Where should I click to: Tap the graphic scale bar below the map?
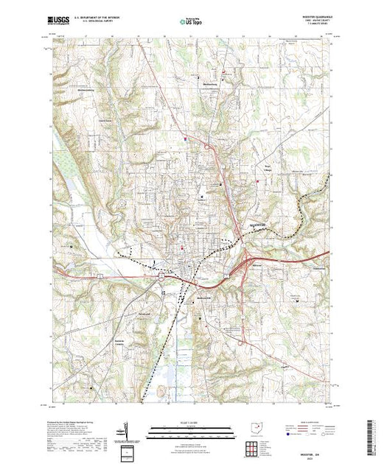191,429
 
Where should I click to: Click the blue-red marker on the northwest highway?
197,138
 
